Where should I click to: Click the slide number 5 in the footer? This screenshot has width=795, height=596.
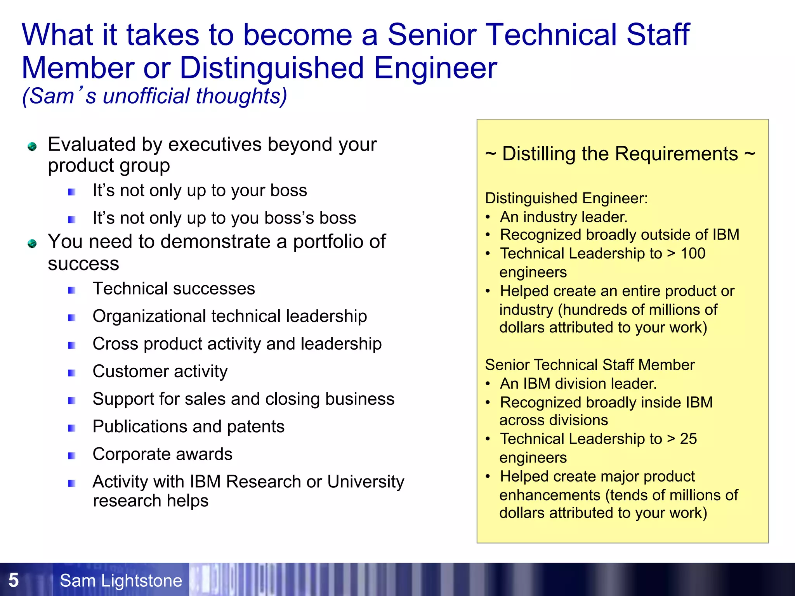13,580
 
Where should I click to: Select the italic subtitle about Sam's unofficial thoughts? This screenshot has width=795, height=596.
154,96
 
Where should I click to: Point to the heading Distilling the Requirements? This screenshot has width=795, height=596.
620,154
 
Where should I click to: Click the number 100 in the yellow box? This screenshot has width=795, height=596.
693,253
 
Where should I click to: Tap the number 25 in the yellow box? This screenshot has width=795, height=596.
688,439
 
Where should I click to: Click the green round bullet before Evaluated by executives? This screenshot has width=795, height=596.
32,146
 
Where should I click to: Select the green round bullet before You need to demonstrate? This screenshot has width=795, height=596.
32,243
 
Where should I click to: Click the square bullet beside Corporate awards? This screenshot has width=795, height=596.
72,456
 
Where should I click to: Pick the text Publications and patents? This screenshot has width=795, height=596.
188,426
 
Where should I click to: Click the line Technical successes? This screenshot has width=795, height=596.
174,289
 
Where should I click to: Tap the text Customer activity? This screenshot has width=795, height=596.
160,371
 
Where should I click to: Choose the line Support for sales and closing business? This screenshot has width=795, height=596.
243,399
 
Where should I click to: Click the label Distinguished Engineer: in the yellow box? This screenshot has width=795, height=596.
566,198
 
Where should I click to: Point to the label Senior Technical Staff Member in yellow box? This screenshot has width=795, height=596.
589,365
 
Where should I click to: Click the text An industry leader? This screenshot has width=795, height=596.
563,217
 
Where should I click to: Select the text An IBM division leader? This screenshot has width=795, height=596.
578,384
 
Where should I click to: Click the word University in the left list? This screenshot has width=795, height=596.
365,482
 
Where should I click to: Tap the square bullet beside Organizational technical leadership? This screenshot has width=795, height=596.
72,318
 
